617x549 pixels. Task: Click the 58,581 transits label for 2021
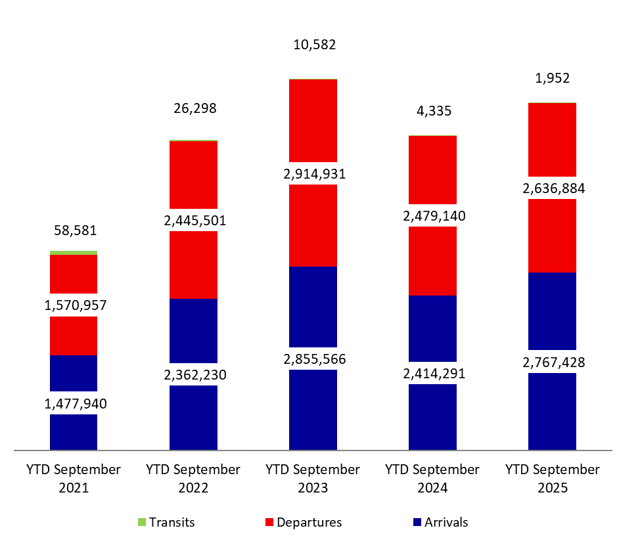[74, 231]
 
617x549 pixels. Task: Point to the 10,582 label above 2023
[313, 45]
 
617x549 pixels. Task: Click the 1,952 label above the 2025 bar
[552, 78]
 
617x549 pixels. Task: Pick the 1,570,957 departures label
[74, 305]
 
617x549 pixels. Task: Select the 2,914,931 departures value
[313, 174]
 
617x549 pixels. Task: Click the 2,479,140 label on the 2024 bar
[433, 215]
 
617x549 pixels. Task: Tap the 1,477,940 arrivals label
[74, 403]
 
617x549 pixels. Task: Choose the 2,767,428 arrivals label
[552, 362]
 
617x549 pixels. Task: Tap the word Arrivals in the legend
[446, 523]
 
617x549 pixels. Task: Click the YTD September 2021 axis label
[74, 479]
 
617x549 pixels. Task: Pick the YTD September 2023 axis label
[313, 479]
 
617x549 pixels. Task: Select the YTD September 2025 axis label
[552, 479]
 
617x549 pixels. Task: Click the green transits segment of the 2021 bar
[74, 253]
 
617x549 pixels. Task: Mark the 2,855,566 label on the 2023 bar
[313, 359]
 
